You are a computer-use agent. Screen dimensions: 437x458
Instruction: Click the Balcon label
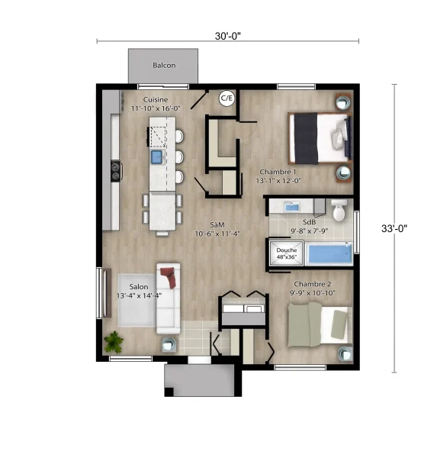[x=164, y=65]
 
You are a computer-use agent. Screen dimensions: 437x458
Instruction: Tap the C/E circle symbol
[x=227, y=98]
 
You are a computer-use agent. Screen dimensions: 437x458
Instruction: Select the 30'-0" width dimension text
[x=228, y=36]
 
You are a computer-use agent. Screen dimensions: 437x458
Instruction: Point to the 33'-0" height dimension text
[x=394, y=228]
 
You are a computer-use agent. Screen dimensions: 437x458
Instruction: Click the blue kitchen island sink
[x=157, y=156]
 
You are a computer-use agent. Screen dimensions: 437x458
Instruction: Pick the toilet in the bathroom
[x=339, y=210]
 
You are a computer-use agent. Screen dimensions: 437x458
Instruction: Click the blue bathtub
[x=329, y=253]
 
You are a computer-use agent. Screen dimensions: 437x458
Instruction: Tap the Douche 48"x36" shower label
[x=286, y=253]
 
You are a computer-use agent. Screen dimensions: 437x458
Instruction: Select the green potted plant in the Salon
[x=114, y=342]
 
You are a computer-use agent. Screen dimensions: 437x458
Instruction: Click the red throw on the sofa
[x=169, y=277]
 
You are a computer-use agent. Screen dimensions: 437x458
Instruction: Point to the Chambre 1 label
[x=278, y=172]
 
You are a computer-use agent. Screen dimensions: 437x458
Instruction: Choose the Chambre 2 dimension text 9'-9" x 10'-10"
[x=313, y=292]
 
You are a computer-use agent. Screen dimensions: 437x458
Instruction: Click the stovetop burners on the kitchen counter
[x=116, y=171]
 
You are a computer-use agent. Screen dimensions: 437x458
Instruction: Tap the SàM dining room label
[x=217, y=224]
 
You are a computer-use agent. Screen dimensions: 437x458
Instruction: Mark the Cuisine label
[x=156, y=99]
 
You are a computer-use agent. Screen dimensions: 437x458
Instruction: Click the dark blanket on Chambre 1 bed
[x=306, y=138]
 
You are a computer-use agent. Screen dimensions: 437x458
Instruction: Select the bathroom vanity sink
[x=292, y=207]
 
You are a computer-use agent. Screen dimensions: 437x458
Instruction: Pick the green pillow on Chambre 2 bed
[x=339, y=324]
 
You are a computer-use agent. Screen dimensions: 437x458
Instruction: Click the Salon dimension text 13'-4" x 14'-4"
[x=139, y=295]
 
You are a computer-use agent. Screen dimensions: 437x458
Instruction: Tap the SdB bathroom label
[x=309, y=222]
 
